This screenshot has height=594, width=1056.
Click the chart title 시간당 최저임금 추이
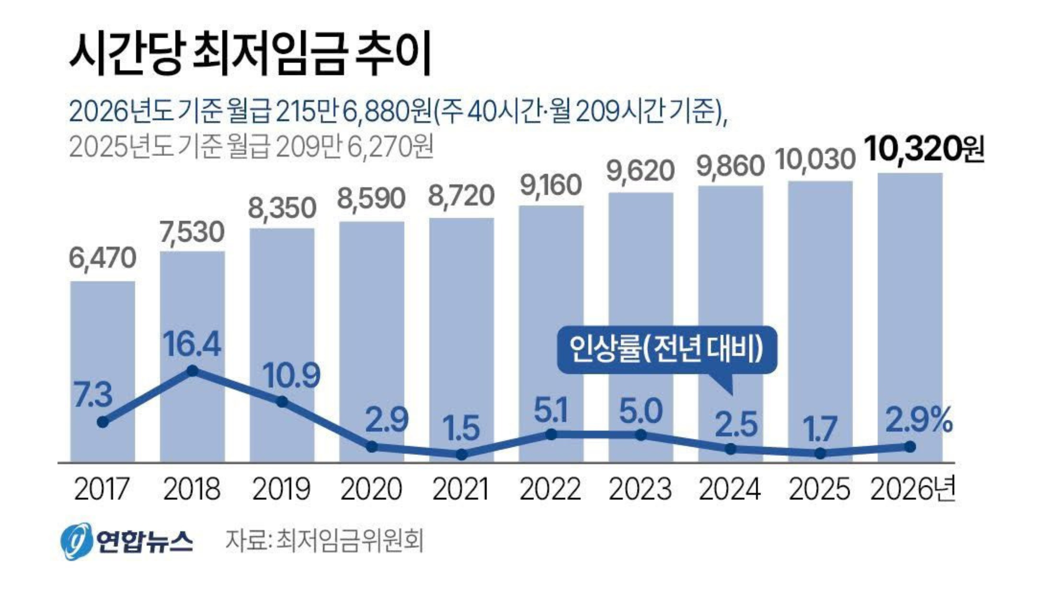point(250,55)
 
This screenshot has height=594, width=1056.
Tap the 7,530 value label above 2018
point(192,232)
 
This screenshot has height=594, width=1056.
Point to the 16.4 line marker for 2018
point(193,371)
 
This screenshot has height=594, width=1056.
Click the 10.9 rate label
point(291,375)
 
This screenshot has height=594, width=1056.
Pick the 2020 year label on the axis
point(371,489)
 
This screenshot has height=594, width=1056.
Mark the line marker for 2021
point(462,455)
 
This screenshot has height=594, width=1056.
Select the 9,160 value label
point(551,185)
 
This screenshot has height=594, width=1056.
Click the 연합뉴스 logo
point(126,540)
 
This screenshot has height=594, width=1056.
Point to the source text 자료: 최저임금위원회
point(324,540)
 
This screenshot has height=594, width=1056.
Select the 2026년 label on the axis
point(912,489)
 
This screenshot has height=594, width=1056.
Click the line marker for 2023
point(641,435)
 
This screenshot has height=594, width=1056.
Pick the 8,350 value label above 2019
point(282,208)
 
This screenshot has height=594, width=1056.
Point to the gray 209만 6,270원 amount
point(355,146)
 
